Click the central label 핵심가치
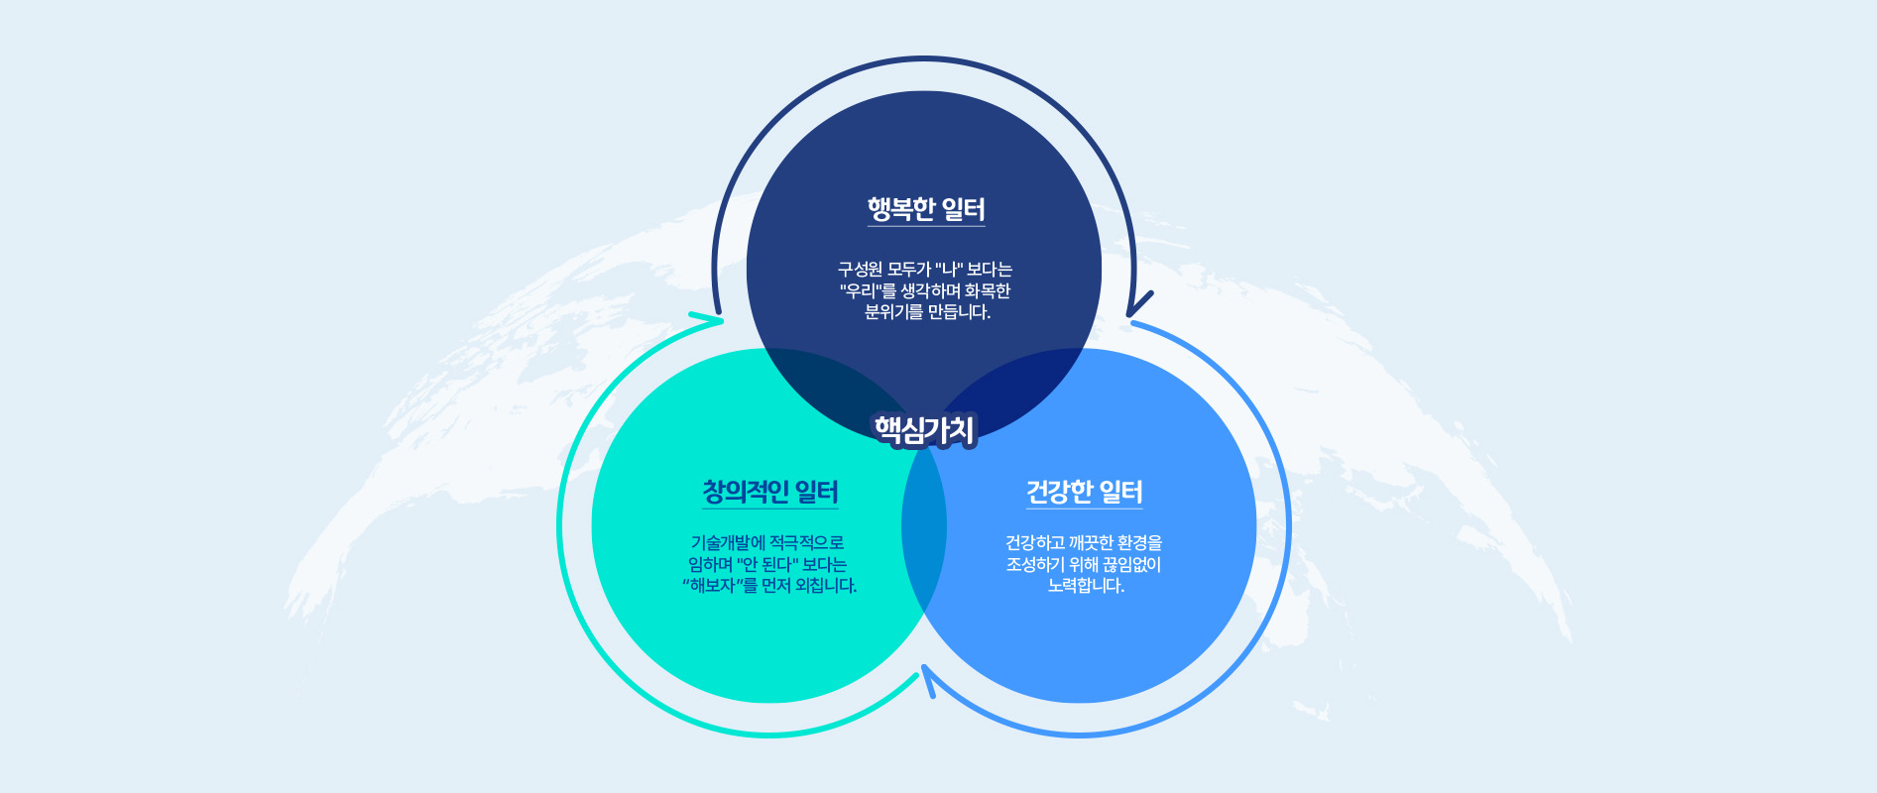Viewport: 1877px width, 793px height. (925, 429)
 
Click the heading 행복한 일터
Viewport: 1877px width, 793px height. (926, 209)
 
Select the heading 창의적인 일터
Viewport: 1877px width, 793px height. (770, 492)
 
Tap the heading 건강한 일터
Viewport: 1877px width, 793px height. (1085, 492)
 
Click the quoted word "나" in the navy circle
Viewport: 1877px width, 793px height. (949, 269)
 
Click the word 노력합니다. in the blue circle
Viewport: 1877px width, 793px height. (1086, 586)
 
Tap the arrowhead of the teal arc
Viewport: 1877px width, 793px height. (706, 319)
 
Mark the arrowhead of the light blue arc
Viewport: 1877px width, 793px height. (928, 681)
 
